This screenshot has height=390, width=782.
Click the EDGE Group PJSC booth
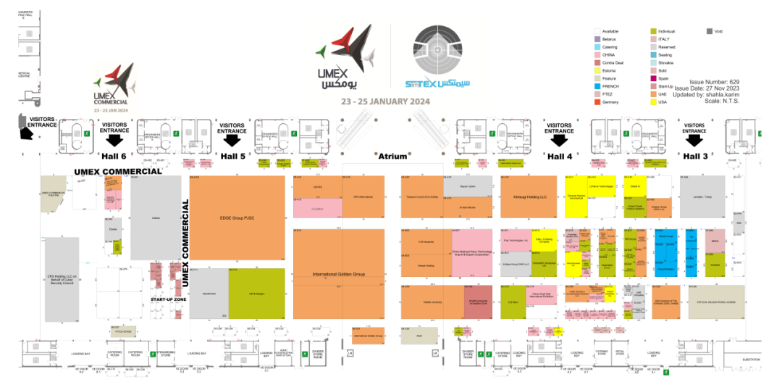pos(237,217)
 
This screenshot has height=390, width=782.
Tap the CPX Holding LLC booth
pos(62,279)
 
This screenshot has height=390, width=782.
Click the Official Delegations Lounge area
pos(715,302)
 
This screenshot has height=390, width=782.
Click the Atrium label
pos(392,156)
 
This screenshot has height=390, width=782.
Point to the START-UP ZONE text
pos(168,299)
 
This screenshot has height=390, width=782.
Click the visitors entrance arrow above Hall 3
pos(694,140)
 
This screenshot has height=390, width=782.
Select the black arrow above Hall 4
pos(559,140)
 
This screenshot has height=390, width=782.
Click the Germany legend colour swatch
pos(597,102)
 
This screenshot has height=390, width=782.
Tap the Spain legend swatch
pos(654,78)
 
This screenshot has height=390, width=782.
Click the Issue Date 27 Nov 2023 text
pos(716,88)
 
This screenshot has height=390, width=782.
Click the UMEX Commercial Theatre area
pos(58,194)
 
